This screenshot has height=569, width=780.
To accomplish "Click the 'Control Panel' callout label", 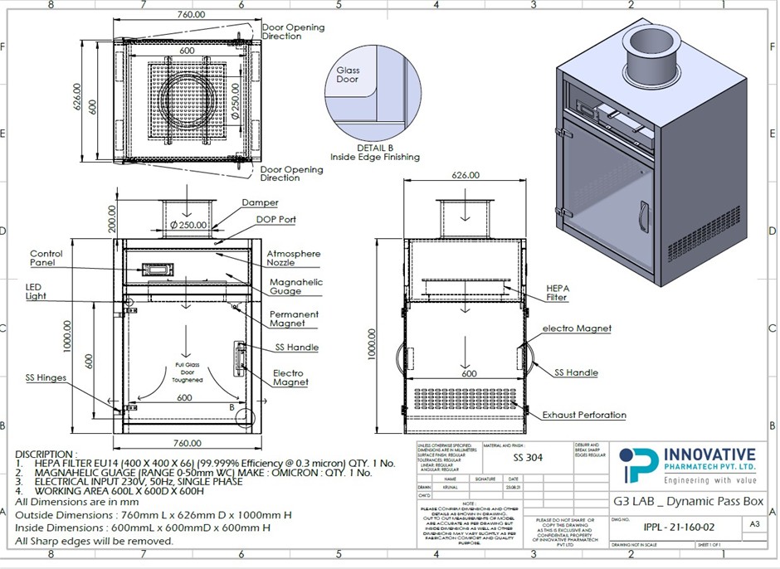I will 46,259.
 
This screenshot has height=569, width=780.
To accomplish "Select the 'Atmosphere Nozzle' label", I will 293,258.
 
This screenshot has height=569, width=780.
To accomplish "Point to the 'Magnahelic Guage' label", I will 295,287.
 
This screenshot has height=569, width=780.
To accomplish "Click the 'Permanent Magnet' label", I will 293,319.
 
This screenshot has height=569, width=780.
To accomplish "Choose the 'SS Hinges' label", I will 45,378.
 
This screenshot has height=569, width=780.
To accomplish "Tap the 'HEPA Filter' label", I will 557,292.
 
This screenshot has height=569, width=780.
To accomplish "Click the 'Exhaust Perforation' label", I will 584,415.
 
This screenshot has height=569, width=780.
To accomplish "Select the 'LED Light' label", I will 36,291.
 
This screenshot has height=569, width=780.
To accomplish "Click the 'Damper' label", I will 260,202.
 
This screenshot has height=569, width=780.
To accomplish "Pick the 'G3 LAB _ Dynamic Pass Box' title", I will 688,501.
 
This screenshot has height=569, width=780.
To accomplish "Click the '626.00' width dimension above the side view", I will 466,175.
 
